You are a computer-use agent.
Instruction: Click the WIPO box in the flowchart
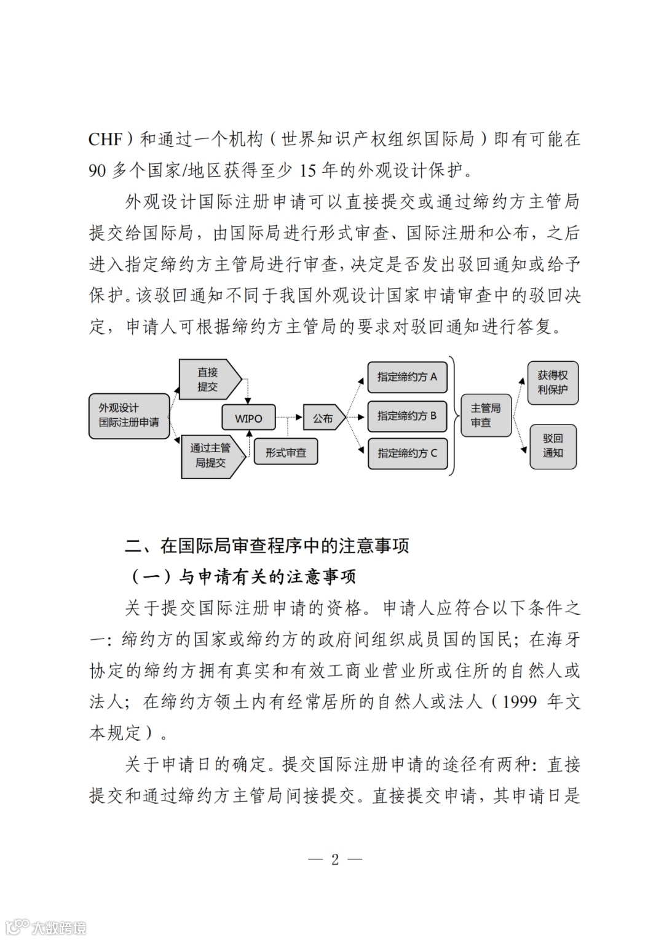tap(248, 418)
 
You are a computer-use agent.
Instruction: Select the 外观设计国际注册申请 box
tap(129, 416)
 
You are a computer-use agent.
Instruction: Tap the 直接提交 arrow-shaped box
tap(208, 380)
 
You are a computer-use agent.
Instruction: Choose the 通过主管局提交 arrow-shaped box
tap(210, 456)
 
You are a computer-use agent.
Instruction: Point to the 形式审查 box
tap(286, 452)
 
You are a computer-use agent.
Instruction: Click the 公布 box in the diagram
tap(322, 418)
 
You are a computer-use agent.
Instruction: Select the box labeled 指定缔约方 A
tap(407, 377)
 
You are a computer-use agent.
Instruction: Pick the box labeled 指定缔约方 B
tap(407, 416)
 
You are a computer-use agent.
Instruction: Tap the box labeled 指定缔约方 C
tap(407, 453)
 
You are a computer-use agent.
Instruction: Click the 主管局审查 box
tap(486, 416)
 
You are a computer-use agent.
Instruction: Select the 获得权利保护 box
tap(553, 383)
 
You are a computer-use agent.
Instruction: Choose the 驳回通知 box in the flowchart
tap(553, 446)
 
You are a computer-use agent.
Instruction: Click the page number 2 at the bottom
tap(334, 859)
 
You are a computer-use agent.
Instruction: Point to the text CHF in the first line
tap(106, 140)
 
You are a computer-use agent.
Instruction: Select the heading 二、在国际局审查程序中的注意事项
tap(267, 546)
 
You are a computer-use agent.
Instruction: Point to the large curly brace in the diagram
tap(454, 416)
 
